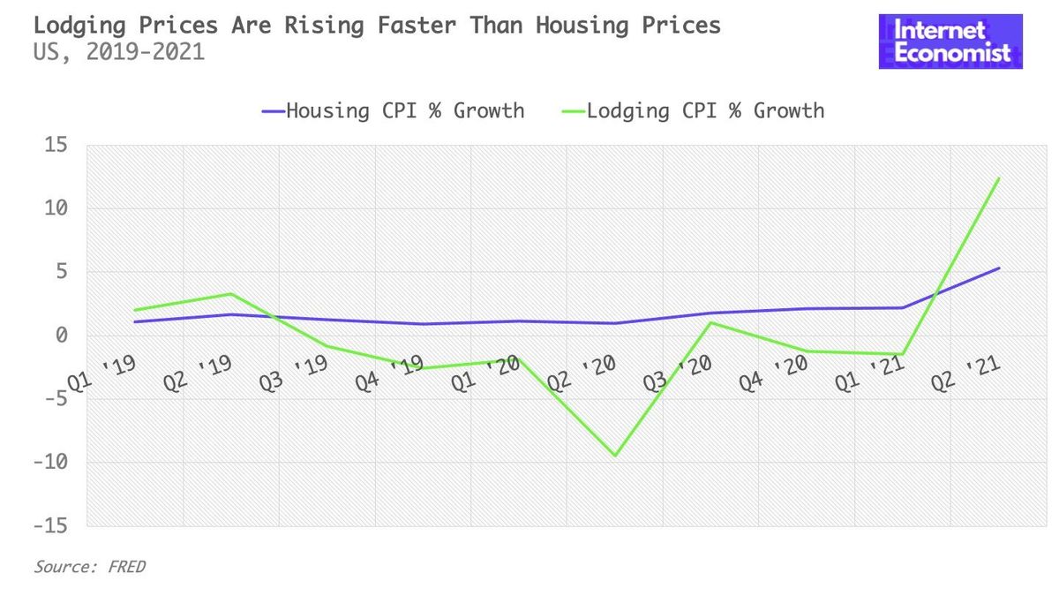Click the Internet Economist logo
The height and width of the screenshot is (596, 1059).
[950, 41]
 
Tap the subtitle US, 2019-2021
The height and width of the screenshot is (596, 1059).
[118, 53]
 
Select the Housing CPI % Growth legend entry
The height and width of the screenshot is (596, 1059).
[393, 111]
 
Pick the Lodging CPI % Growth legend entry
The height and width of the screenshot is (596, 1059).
[693, 111]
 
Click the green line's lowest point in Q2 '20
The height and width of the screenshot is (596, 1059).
[614, 456]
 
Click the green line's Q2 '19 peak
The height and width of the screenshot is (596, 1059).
[230, 294]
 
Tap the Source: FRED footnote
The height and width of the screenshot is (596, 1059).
[89, 567]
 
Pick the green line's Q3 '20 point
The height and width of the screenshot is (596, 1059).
[710, 322]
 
